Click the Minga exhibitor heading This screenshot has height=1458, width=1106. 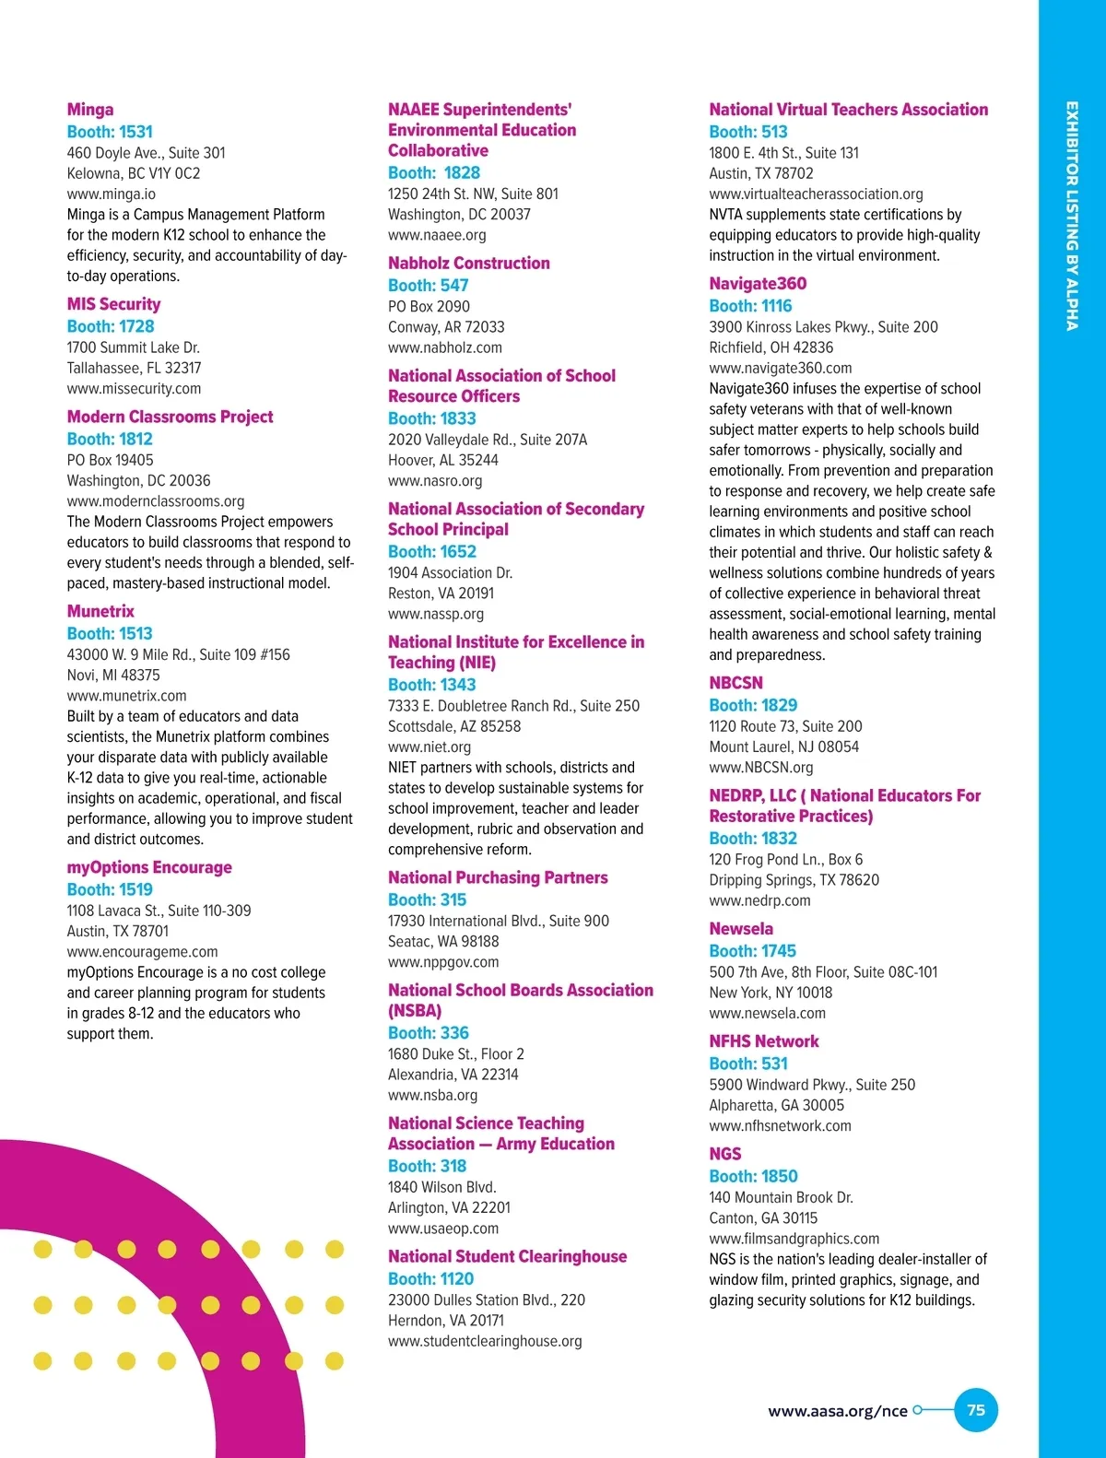click(x=90, y=110)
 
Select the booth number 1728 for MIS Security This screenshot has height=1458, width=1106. click(x=111, y=326)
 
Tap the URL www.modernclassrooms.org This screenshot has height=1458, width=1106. click(x=156, y=501)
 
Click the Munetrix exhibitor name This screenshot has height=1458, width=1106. click(x=100, y=611)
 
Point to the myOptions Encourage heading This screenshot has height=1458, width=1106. click(x=149, y=867)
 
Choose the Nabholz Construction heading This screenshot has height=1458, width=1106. click(x=468, y=264)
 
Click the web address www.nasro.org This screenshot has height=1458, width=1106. click(x=435, y=481)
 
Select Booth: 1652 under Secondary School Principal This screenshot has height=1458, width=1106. click(x=432, y=551)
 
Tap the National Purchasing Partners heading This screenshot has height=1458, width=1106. click(x=498, y=877)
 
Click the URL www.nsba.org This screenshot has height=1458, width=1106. click(x=432, y=1095)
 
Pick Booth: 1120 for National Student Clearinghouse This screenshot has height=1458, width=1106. click(x=430, y=1278)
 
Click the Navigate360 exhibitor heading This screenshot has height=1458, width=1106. click(x=758, y=284)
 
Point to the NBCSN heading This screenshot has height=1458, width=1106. click(x=735, y=683)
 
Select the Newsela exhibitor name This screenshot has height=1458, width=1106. click(x=741, y=929)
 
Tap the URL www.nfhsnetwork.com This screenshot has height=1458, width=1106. click(x=780, y=1126)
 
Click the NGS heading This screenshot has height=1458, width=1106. click(x=725, y=1154)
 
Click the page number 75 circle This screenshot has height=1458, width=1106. click(x=976, y=1410)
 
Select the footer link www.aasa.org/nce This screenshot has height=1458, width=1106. click(x=838, y=1411)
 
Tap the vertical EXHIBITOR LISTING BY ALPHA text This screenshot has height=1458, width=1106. click(x=1072, y=216)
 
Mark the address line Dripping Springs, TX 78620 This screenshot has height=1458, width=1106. click(x=794, y=880)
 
